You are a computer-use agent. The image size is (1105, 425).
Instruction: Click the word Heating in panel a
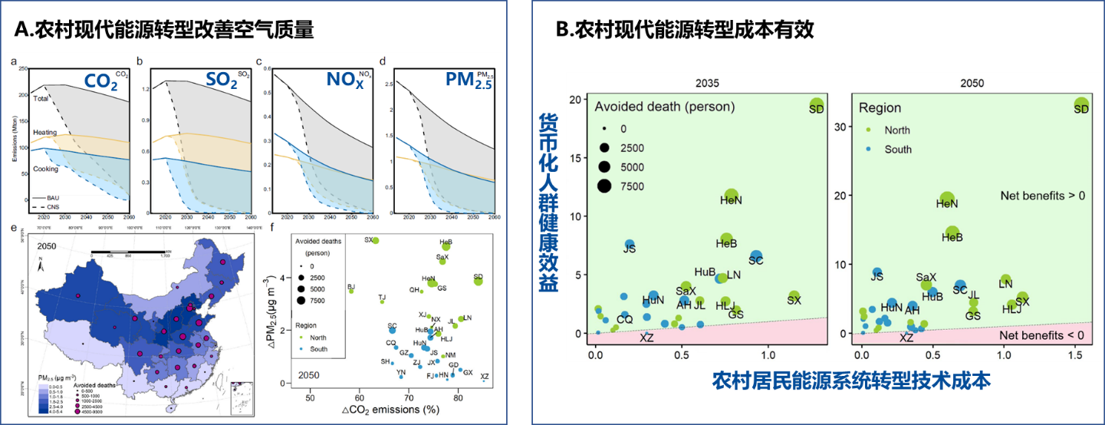tap(44, 133)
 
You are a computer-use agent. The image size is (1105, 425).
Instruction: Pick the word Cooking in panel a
tap(44, 169)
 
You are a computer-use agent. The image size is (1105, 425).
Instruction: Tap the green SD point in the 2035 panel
tap(816, 105)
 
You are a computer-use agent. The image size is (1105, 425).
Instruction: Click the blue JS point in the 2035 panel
tap(630, 245)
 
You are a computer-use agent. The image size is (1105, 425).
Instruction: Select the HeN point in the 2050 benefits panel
tap(947, 199)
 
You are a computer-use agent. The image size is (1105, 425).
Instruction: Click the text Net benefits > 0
tap(1042, 196)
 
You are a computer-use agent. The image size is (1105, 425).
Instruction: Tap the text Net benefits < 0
tap(1042, 335)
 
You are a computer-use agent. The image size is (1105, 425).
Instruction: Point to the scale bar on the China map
tap(128, 252)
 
